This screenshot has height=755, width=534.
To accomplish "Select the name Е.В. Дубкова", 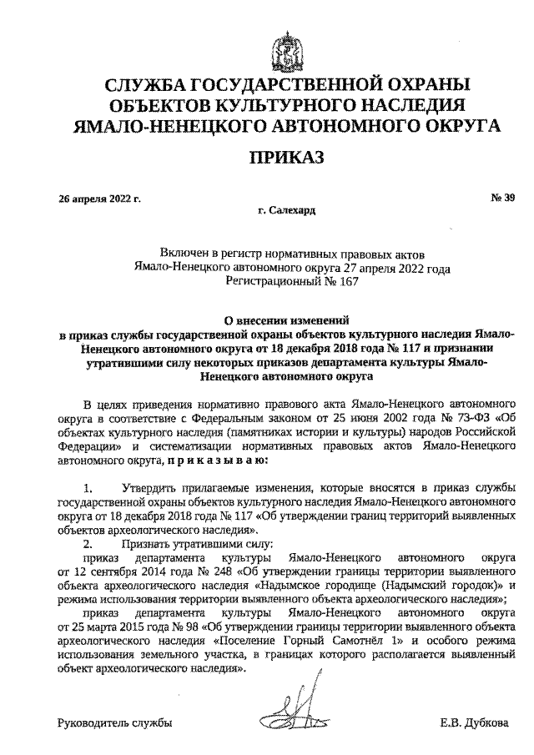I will [x=474, y=722].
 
